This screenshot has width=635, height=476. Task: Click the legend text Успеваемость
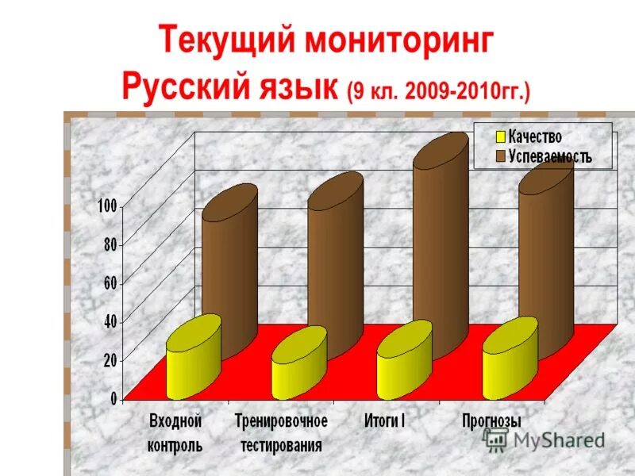tap(551, 156)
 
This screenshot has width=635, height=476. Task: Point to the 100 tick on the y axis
tap(107, 206)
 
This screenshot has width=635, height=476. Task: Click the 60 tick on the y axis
tap(110, 283)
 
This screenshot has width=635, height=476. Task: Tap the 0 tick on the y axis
tap(114, 397)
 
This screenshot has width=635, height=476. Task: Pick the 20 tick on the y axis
tap(110, 359)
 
